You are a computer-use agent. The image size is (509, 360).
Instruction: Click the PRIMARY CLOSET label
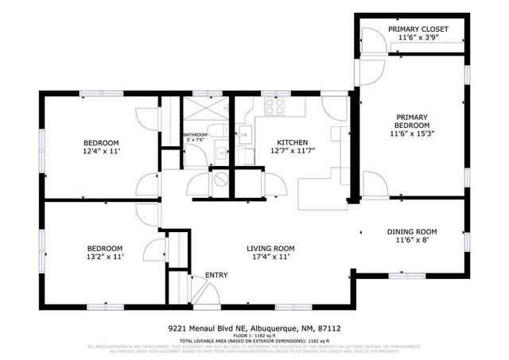(418, 29)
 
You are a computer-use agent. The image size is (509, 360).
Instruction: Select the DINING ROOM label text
(412, 232)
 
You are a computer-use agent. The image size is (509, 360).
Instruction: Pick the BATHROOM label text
(196, 135)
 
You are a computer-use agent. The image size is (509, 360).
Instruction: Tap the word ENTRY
(216, 276)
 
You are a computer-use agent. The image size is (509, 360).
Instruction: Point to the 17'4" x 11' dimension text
(270, 257)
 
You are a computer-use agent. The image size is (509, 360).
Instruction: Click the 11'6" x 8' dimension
(412, 241)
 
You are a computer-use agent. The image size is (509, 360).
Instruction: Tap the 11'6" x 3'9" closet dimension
(418, 38)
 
